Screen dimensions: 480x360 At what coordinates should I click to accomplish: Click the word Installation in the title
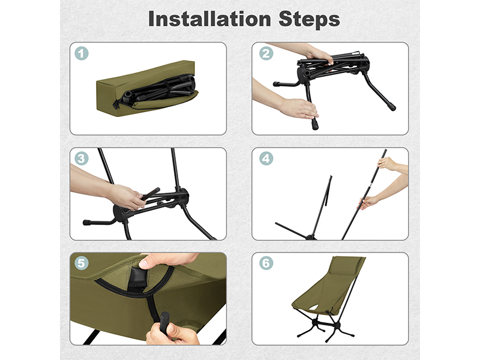(x=209, y=19)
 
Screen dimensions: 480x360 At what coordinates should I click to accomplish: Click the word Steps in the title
(x=309, y=19)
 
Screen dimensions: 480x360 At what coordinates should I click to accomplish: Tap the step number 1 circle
(x=82, y=53)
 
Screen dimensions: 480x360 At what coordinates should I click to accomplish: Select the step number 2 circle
(x=266, y=53)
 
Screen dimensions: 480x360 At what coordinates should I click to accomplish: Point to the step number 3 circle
(x=82, y=158)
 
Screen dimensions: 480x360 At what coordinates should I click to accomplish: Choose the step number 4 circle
(x=266, y=158)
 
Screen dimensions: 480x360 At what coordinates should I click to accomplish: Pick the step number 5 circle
(x=82, y=263)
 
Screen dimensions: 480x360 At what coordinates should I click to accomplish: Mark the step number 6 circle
(x=266, y=263)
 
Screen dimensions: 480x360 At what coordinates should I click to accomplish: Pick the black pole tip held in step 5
(x=164, y=322)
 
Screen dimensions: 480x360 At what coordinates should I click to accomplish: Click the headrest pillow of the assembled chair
(x=344, y=269)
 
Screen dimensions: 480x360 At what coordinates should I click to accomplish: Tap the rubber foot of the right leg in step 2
(x=392, y=107)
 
